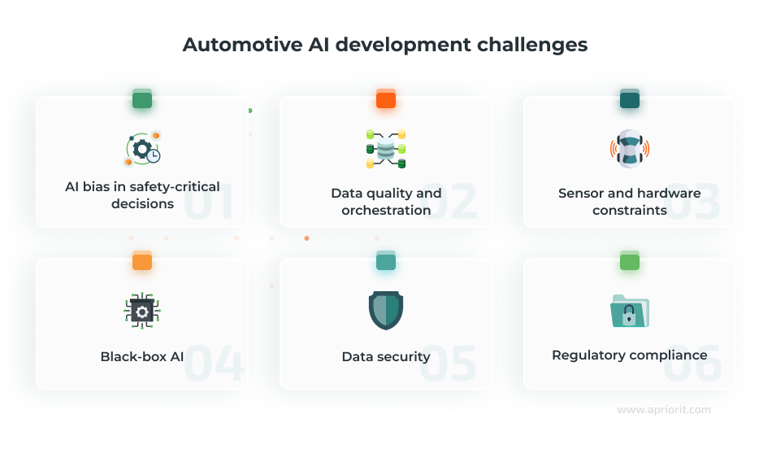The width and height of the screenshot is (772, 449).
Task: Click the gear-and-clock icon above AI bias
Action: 142,150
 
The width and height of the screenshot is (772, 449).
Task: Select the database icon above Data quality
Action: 385,149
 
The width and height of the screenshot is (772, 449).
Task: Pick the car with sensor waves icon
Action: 630,149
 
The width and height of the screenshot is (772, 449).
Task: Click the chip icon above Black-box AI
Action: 142,311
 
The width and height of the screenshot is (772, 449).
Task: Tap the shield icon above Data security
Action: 386,310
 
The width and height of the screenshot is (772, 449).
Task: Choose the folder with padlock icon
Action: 630,311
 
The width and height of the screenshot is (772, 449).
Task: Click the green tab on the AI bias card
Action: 142,100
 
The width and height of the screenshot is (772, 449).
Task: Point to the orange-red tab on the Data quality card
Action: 386,100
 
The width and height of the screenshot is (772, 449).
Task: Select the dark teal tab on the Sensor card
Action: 630,100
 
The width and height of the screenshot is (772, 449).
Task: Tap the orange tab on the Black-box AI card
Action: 142,261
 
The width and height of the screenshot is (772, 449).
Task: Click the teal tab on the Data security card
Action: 386,261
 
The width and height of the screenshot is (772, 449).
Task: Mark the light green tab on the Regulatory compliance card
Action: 630,261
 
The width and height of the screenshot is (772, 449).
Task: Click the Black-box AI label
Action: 142,356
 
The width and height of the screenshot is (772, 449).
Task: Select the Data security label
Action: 386,356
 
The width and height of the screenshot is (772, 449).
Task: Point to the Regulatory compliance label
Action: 630,355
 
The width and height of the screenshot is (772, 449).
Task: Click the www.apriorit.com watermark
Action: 664,410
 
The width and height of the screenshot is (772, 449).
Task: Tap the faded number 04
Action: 214,364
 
